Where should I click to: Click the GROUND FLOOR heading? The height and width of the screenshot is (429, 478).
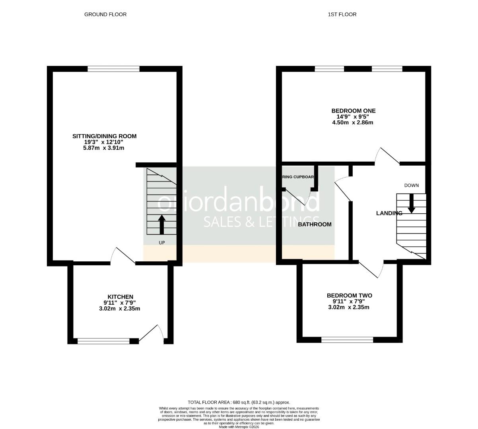click(105, 14)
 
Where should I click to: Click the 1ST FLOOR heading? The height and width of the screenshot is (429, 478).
click(342, 14)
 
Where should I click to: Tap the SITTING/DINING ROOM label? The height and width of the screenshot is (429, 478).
click(104, 136)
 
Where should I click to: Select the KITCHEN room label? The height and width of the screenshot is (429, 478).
click(120, 297)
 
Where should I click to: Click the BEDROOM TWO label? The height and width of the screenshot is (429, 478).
click(350, 296)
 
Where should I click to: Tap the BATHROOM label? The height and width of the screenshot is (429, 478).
click(315, 224)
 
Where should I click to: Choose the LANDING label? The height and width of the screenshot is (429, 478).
click(389, 213)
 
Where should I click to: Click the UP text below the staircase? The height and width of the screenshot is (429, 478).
click(162, 242)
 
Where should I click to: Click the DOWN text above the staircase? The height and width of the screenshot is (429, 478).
click(412, 186)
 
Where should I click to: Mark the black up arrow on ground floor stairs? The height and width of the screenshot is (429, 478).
click(161, 224)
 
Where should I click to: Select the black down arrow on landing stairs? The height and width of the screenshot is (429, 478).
click(412, 203)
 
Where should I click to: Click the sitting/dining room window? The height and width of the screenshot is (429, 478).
click(114, 69)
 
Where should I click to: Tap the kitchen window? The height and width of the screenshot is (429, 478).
click(103, 340)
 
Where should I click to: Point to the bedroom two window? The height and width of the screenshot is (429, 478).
click(347, 340)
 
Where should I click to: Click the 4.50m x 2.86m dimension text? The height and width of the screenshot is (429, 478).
click(353, 123)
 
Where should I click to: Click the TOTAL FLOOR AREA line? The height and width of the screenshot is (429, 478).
click(239, 402)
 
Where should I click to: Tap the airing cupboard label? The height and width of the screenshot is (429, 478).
click(298, 177)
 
